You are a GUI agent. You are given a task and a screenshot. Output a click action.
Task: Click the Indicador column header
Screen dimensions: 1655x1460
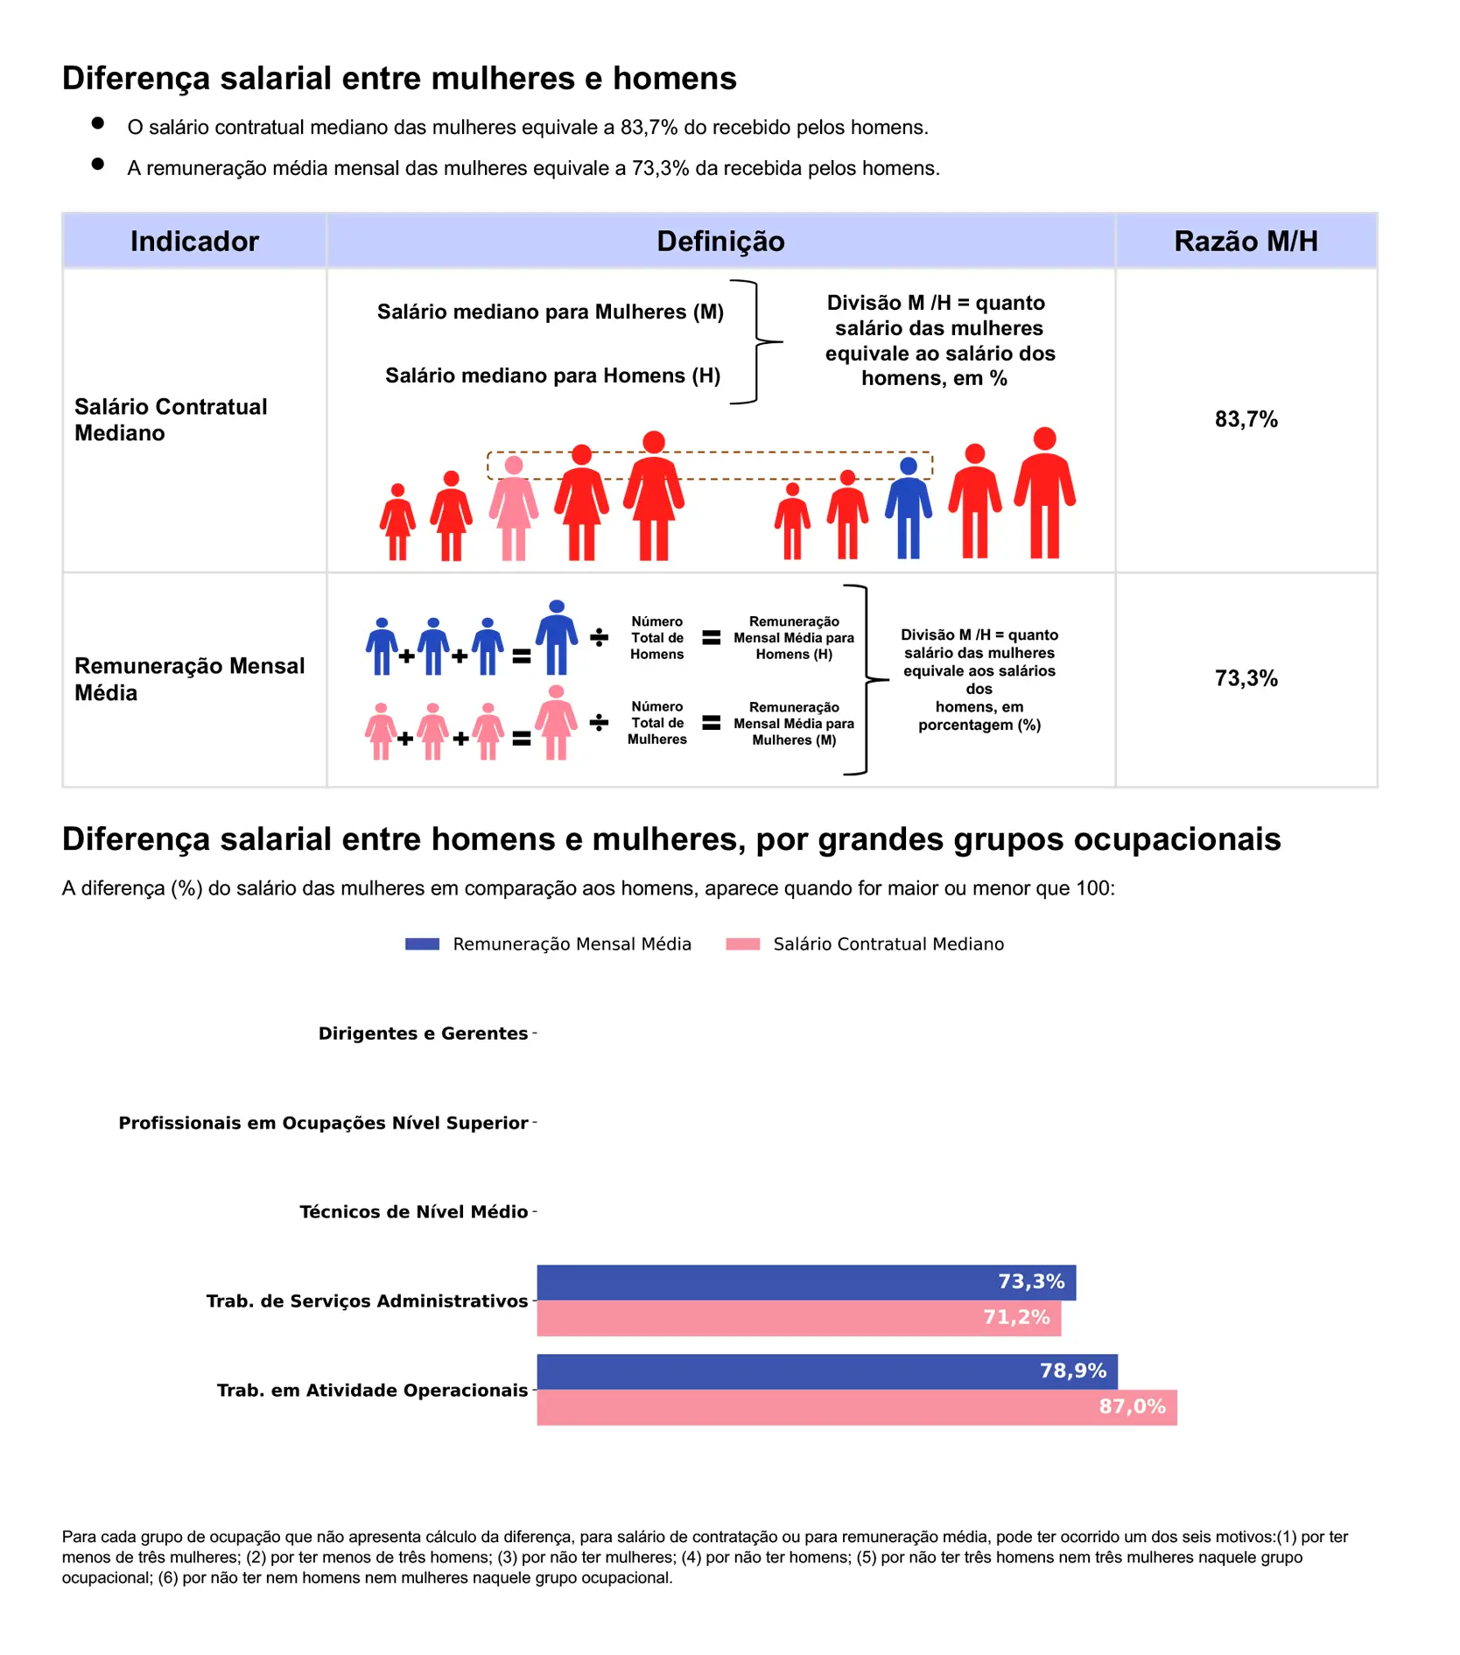194,241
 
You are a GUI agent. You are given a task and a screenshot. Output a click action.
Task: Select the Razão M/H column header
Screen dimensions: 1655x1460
1246,241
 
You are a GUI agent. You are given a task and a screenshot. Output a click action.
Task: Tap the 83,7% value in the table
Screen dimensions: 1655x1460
1246,419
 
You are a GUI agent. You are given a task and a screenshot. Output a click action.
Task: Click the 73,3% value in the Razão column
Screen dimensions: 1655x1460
1246,678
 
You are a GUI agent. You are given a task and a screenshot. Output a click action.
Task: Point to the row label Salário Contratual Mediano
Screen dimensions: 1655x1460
171,419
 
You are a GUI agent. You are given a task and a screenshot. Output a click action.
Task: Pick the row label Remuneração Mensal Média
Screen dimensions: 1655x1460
189,679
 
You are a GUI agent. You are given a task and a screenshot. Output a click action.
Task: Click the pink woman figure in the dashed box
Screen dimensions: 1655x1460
514,508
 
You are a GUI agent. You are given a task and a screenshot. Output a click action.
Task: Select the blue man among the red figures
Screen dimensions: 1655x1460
909,508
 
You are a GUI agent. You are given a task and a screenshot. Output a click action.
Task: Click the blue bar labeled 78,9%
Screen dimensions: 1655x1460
826,1371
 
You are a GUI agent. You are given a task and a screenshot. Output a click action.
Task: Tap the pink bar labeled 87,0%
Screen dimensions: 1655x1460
856,1407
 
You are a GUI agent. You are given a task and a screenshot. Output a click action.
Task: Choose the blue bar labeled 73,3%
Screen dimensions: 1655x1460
805,1282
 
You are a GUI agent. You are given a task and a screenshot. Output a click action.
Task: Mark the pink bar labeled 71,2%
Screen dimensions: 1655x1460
798,1318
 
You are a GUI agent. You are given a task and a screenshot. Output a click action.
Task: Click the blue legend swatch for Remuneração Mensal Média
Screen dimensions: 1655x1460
422,944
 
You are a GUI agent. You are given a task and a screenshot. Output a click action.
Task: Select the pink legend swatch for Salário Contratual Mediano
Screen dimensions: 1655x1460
742,944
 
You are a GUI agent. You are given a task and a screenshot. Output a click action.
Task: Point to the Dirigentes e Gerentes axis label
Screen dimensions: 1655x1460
423,1034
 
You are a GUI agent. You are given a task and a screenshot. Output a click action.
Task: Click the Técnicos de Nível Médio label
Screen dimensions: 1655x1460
413,1212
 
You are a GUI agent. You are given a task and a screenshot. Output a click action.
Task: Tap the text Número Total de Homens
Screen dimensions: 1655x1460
656,638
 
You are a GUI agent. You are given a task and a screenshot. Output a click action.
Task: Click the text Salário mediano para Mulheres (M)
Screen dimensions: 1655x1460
550,312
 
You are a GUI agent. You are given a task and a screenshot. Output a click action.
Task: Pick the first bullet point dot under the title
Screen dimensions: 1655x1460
98,123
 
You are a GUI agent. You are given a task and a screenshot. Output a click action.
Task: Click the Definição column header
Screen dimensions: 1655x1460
720,241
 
